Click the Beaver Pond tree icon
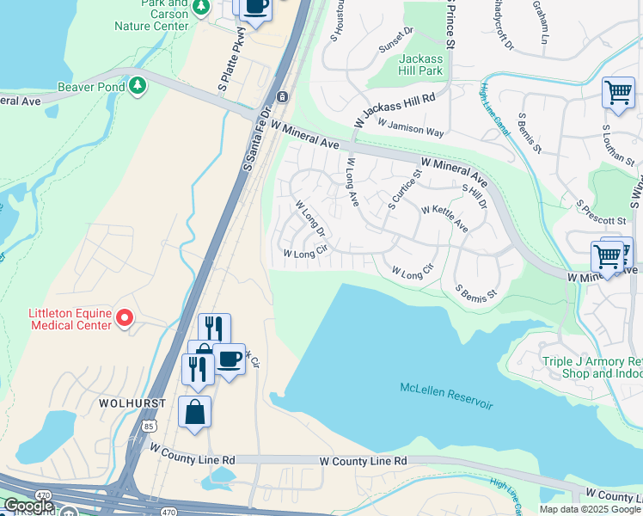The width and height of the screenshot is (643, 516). click(137, 86)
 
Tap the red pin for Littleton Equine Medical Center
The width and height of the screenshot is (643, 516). click(125, 319)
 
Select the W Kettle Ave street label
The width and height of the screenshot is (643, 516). click(444, 218)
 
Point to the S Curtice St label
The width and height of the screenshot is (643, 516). click(404, 190)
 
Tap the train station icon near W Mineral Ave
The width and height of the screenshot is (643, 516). click(281, 96)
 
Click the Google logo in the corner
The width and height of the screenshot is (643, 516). click(28, 505)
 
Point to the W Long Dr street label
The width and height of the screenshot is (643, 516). click(309, 219)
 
